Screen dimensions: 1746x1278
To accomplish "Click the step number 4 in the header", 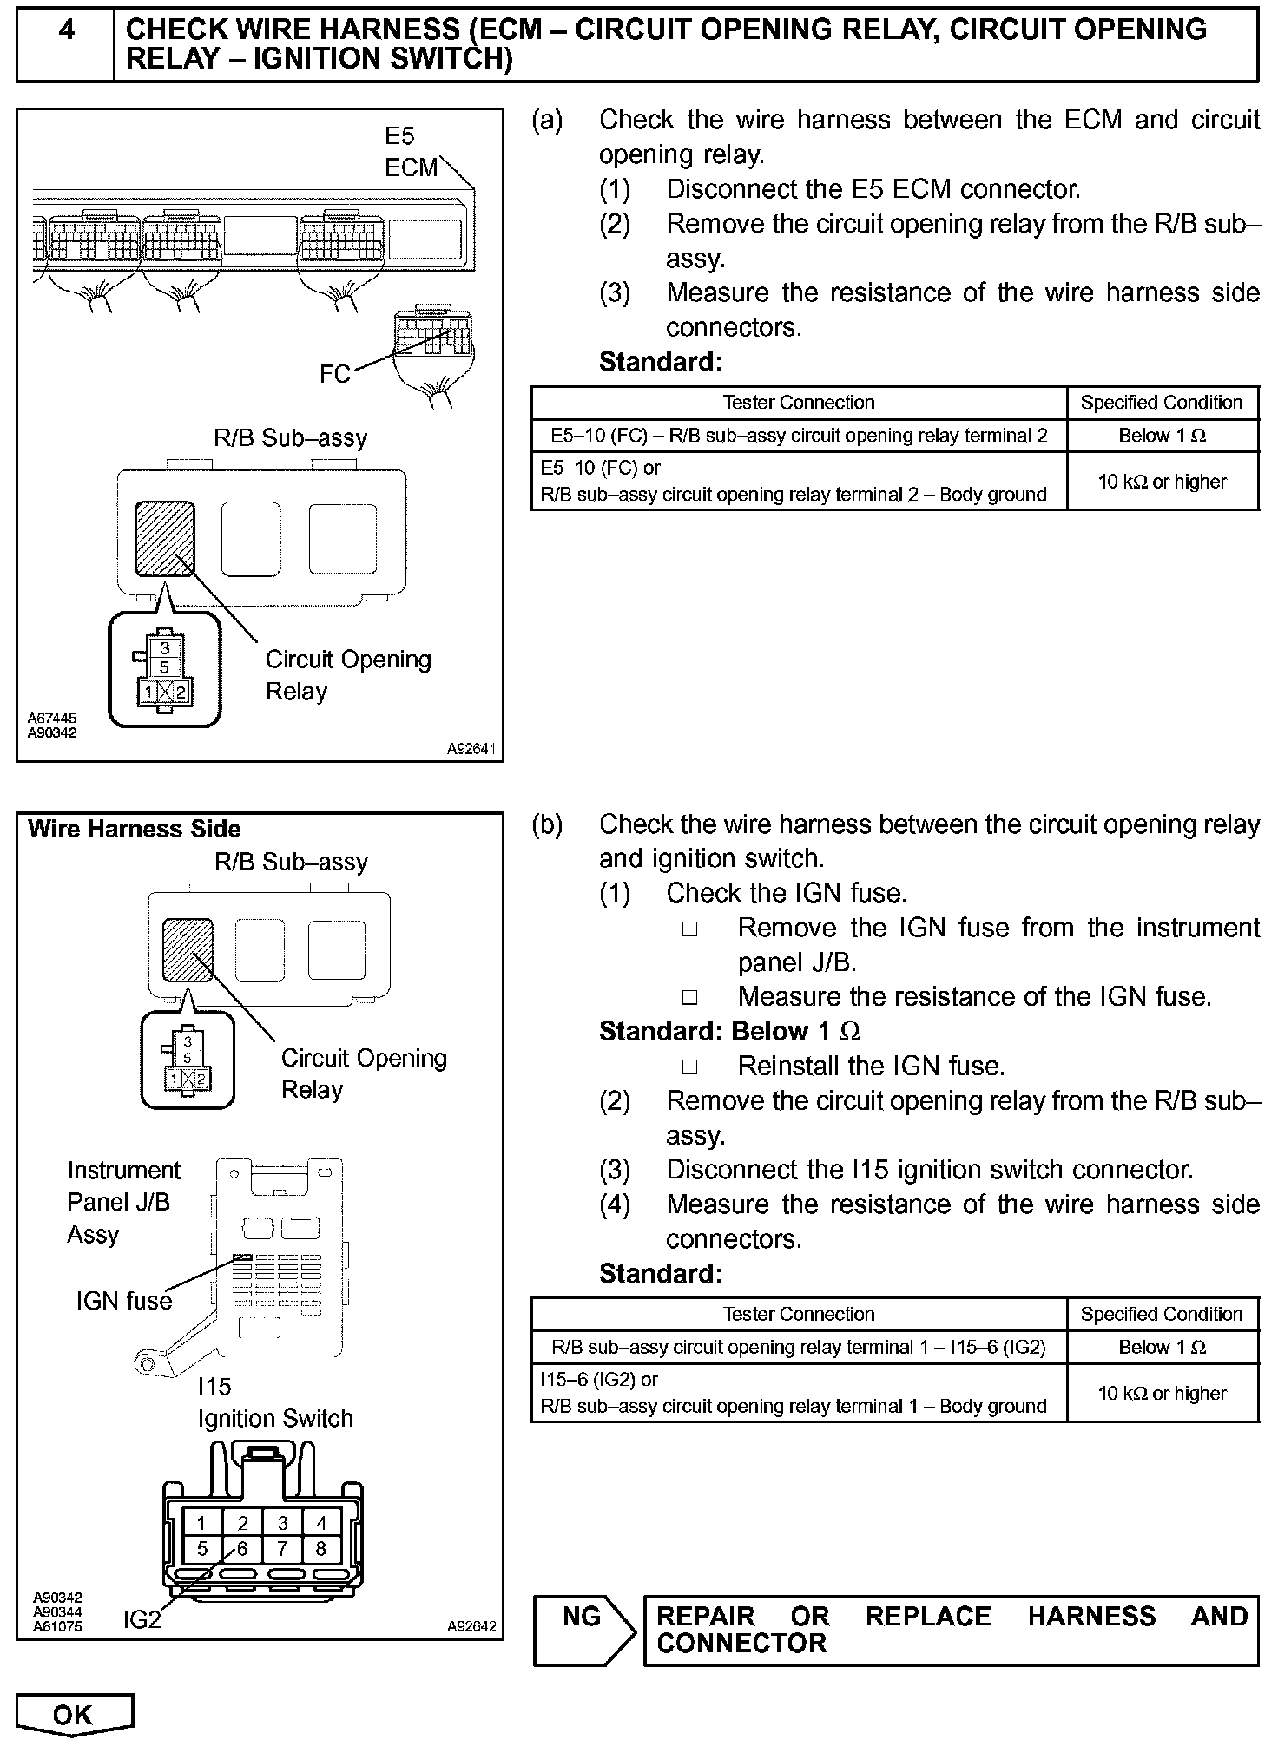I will tap(66, 31).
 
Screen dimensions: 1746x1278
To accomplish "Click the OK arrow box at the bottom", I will tap(74, 1715).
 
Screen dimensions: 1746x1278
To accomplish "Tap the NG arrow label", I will tap(583, 1617).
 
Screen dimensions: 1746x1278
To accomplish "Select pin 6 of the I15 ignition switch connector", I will tap(242, 1549).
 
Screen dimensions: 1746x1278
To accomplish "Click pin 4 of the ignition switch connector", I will tap(321, 1522).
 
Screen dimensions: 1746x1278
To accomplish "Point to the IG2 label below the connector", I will tap(142, 1619).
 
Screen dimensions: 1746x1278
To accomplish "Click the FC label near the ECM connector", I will tap(335, 374).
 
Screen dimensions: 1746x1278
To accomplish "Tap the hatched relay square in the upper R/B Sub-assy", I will tap(164, 538).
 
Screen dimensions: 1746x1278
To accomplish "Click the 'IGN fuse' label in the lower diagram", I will tap(124, 1300).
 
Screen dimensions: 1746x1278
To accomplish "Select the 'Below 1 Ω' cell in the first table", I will tap(1162, 436).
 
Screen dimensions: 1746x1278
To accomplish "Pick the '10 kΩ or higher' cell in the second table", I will tap(1162, 1393).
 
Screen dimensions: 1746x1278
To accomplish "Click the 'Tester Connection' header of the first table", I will tap(798, 403).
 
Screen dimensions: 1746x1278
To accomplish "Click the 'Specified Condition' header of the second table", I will tap(1162, 1314).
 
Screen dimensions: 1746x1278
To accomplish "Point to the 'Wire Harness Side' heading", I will tap(135, 829).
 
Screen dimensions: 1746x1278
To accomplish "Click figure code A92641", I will tap(471, 748).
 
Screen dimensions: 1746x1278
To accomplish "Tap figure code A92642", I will tap(471, 1626).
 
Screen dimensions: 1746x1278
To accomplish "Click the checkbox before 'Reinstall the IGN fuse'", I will tap(689, 1066).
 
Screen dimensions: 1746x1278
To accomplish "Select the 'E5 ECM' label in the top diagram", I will tap(411, 152).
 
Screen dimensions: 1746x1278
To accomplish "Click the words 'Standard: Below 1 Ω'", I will tap(729, 1031).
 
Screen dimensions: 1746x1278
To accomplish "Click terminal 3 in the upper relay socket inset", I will tap(165, 647).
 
